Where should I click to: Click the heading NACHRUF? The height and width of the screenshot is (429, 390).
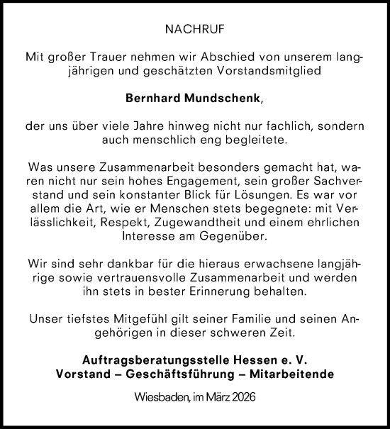[195, 30]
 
